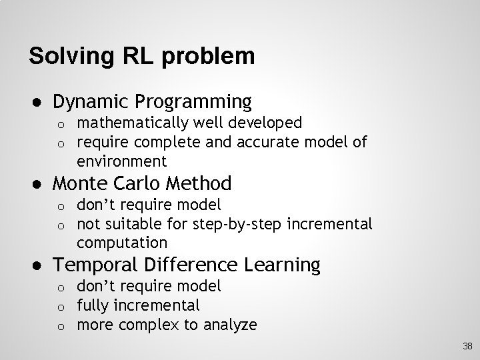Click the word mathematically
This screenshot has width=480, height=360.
(x=132, y=123)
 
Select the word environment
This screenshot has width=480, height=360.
(x=121, y=161)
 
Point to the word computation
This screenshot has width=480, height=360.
(x=121, y=242)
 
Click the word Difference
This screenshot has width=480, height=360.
(x=191, y=265)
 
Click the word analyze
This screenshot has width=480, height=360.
(x=230, y=325)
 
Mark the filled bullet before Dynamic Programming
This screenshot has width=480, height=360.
(x=33, y=102)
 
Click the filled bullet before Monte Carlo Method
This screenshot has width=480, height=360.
(x=33, y=183)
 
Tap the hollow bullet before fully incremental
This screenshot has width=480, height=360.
(x=59, y=306)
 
